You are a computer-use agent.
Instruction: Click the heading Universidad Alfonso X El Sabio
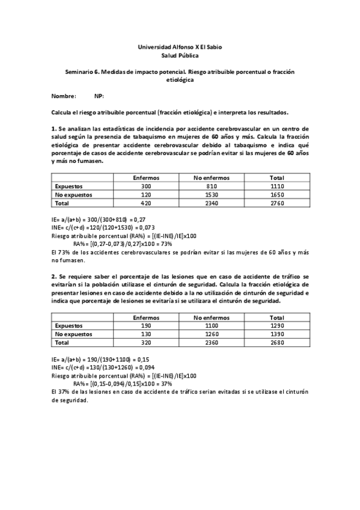click(x=180, y=46)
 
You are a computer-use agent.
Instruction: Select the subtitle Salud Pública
click(x=180, y=55)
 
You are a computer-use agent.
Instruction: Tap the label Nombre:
click(x=64, y=96)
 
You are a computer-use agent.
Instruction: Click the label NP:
click(x=99, y=96)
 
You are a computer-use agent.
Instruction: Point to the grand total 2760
click(x=277, y=203)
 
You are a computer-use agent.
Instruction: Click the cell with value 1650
click(x=277, y=195)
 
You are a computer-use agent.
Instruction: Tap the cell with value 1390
click(x=277, y=333)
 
